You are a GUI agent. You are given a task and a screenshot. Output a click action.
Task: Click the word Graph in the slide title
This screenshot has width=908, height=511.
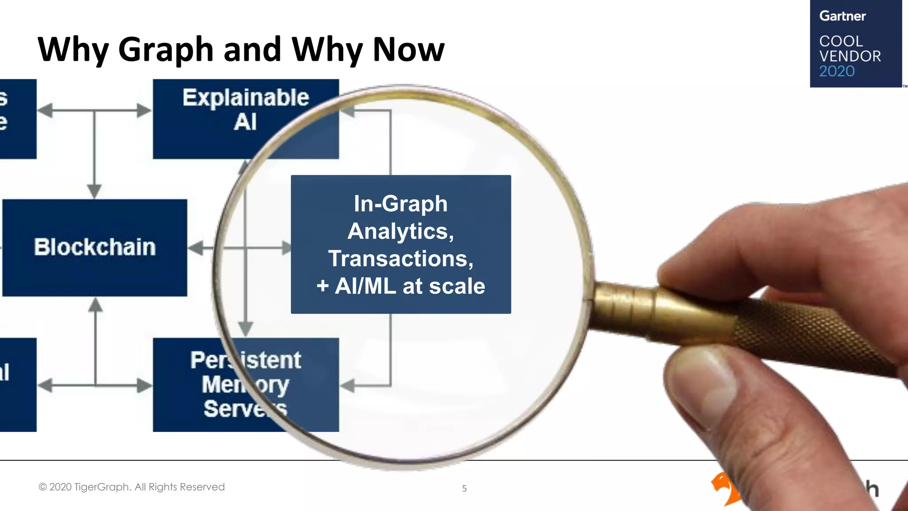pyautogui.click(x=166, y=50)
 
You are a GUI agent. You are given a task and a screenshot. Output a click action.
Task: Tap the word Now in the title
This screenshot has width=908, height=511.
pyautogui.click(x=408, y=50)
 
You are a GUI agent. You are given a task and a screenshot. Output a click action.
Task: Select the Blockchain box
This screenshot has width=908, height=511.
pyautogui.click(x=94, y=247)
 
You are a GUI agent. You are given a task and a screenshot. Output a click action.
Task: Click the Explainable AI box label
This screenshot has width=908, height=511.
pyautogui.click(x=246, y=109)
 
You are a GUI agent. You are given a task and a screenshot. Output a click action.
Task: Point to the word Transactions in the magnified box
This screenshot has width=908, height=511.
pyautogui.click(x=401, y=259)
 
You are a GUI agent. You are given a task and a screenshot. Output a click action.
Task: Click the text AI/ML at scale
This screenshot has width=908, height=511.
pyautogui.click(x=410, y=286)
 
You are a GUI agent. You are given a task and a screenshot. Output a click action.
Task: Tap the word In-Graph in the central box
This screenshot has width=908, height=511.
pyautogui.click(x=400, y=204)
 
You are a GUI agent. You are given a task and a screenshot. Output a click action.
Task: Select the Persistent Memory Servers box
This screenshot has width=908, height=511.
pyautogui.click(x=245, y=384)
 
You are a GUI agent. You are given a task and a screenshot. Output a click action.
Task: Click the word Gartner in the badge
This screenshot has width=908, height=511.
pyautogui.click(x=842, y=16)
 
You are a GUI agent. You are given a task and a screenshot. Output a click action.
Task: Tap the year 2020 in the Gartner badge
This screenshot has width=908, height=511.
pyautogui.click(x=837, y=71)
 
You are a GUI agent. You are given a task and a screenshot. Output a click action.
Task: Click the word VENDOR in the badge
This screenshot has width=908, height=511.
pyautogui.click(x=849, y=56)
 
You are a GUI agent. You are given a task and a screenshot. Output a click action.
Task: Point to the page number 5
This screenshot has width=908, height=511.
pyautogui.click(x=464, y=488)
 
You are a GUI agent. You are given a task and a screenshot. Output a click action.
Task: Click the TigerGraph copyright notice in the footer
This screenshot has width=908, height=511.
pyautogui.click(x=132, y=487)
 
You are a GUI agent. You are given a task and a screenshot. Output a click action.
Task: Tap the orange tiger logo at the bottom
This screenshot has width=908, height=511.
pyautogui.click(x=724, y=488)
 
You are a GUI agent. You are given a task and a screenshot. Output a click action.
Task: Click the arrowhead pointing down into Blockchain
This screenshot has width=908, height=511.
pyautogui.click(x=94, y=191)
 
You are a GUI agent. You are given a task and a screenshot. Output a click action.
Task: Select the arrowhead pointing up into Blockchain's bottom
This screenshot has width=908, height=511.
pyautogui.click(x=95, y=305)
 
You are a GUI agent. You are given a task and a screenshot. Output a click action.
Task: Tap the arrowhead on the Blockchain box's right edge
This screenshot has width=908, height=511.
pyautogui.click(x=196, y=248)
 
